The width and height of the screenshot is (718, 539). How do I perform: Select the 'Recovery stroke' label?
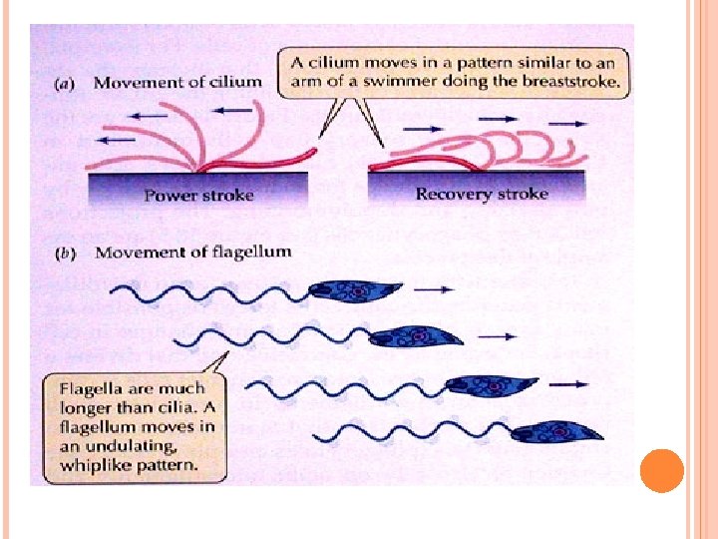(482, 194)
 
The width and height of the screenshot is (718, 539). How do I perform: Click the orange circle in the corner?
(659, 471)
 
